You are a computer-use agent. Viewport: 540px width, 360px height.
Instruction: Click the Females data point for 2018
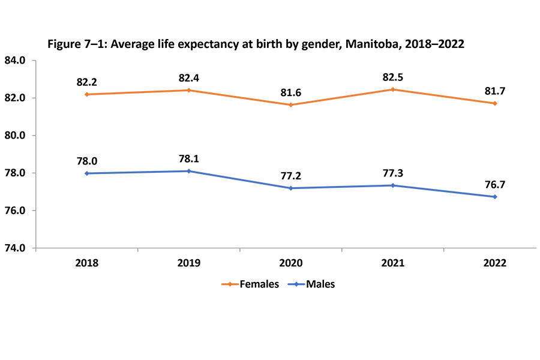point(87,94)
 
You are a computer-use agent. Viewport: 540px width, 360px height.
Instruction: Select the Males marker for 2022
point(495,197)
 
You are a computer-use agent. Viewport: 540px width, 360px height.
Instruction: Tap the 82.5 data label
point(393,77)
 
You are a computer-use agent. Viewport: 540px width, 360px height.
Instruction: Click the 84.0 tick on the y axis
point(14,61)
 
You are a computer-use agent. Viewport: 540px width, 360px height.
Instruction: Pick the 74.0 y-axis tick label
point(14,248)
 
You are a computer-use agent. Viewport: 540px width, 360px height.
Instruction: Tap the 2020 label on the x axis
point(291,263)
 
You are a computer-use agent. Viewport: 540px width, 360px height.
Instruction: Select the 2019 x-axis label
point(189,263)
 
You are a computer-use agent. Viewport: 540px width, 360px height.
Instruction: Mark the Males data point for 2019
point(189,171)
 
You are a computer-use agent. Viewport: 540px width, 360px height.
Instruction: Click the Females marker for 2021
point(393,89)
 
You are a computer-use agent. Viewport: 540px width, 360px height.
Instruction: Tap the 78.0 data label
point(87,160)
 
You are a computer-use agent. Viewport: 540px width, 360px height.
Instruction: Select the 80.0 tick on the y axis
point(14,136)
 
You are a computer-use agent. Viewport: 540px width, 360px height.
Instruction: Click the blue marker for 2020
point(291,188)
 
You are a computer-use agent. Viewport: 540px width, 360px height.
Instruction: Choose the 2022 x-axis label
point(495,263)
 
